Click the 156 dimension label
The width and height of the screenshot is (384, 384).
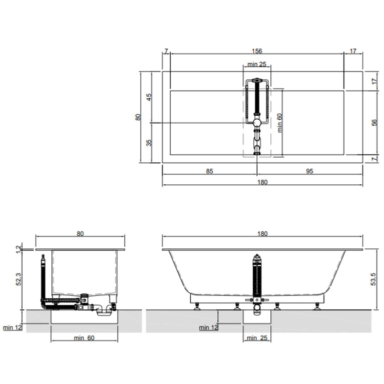coord(257,51)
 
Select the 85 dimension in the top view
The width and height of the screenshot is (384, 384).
coord(209,171)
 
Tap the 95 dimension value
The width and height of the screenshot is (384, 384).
coord(309,171)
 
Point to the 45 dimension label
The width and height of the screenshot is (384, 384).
coord(149,97)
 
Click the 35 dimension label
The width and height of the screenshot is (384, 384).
coord(149,143)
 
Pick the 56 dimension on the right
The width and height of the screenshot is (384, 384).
coord(374,123)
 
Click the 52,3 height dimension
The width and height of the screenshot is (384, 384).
coord(19,279)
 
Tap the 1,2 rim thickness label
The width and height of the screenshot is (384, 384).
coord(19,249)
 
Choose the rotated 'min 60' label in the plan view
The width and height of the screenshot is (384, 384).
coord(280,123)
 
